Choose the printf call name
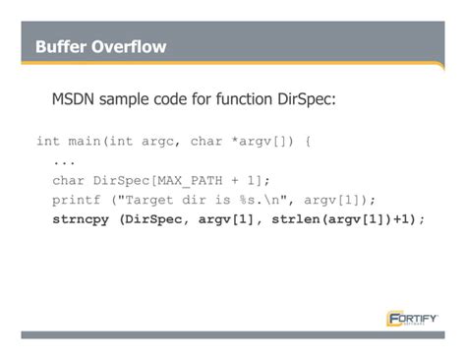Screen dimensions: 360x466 pyautogui.click(x=76, y=199)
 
